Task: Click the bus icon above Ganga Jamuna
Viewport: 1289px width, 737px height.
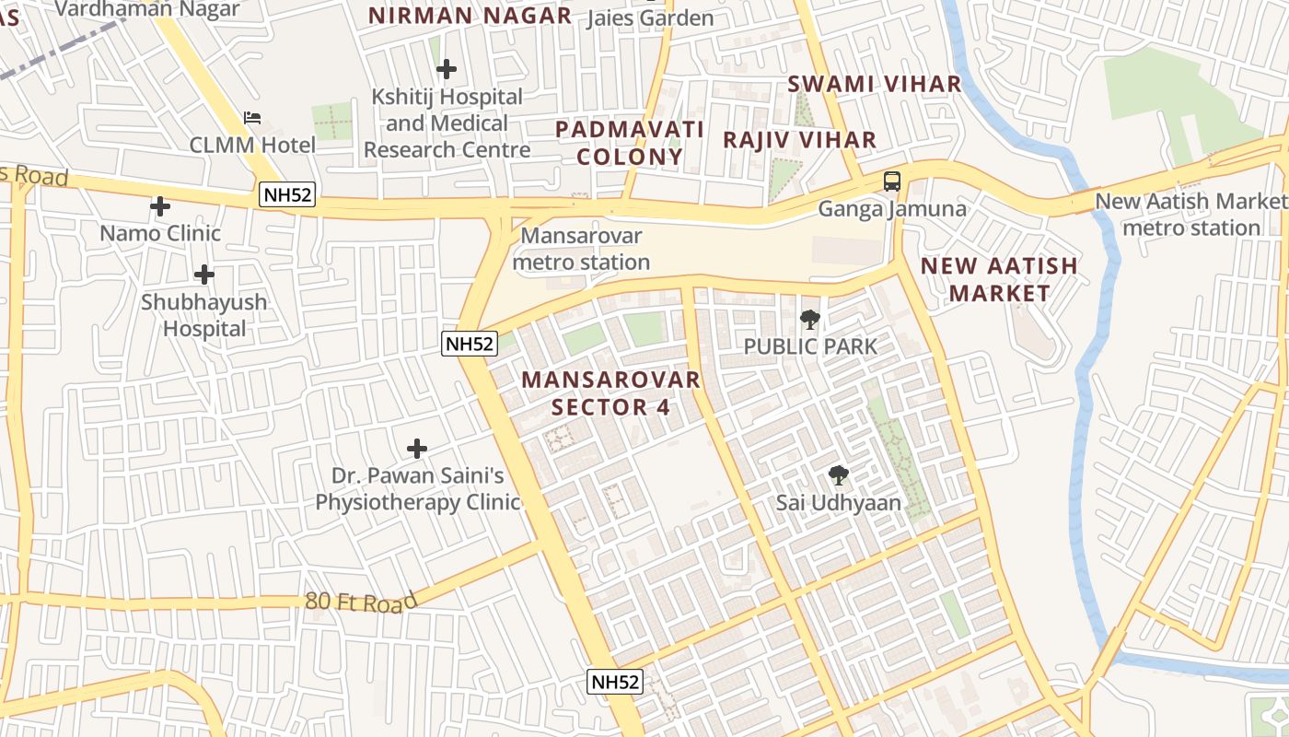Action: (x=891, y=181)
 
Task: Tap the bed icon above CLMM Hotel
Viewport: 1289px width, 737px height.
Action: (x=252, y=118)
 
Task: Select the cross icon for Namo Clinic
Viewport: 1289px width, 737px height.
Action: (x=160, y=206)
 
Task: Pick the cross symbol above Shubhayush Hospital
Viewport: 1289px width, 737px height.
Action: (x=204, y=275)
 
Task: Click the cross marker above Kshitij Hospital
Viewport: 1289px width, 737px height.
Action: (x=447, y=69)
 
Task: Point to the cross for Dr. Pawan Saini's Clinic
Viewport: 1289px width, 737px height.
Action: (x=417, y=449)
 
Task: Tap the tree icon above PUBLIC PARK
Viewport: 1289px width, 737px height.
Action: (x=810, y=320)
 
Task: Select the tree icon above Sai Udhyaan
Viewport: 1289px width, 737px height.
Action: (x=838, y=475)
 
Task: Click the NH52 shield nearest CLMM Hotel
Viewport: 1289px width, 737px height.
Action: (x=287, y=195)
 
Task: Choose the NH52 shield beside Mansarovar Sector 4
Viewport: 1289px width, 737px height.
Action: (x=470, y=344)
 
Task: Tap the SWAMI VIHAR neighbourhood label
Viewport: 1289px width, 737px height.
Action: (x=874, y=84)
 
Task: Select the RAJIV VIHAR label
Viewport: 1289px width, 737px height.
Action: (x=799, y=140)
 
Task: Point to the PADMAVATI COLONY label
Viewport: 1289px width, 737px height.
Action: (x=630, y=143)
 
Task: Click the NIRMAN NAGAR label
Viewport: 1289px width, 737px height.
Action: (x=470, y=16)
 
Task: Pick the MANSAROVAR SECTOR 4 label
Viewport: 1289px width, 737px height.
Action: (x=610, y=393)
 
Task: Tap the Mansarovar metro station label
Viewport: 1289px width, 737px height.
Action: (x=581, y=249)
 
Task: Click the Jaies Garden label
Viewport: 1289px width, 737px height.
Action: (x=650, y=18)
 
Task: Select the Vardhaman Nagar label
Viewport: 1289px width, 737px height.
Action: (x=147, y=9)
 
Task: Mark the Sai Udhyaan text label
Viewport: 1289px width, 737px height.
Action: (x=838, y=503)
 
